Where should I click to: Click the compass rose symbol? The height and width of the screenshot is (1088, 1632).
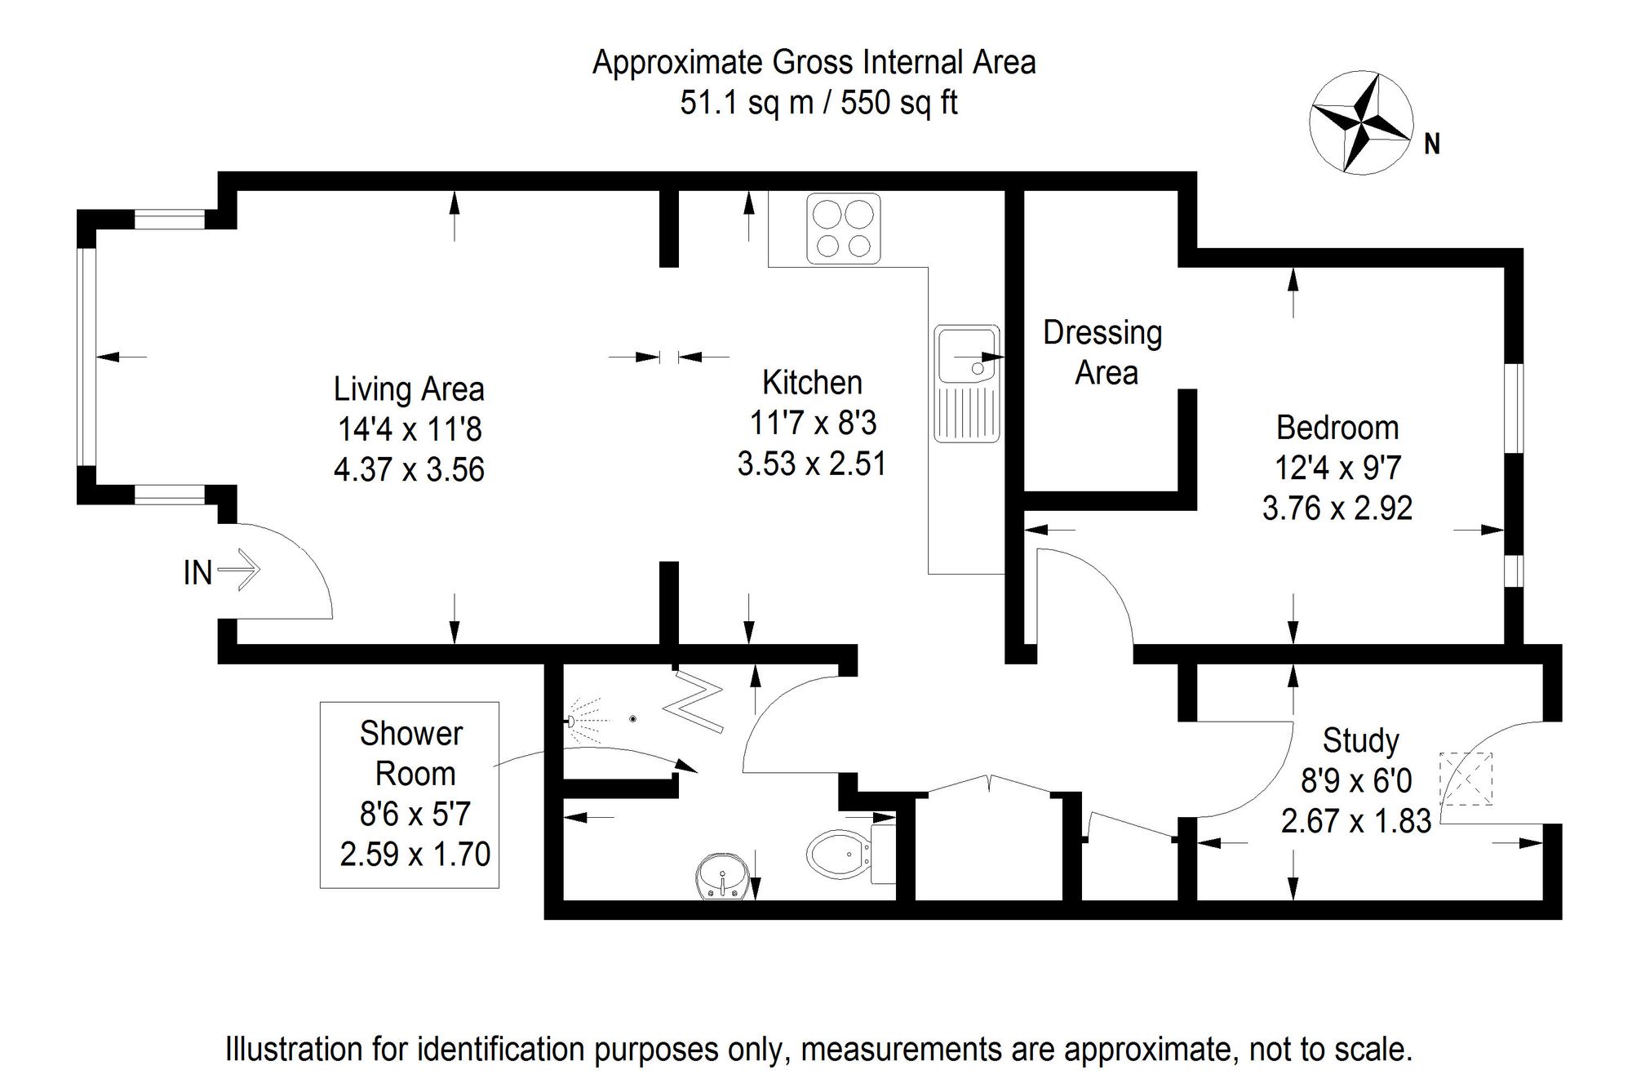pyautogui.click(x=1361, y=122)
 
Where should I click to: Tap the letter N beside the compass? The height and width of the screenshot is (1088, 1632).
pyautogui.click(x=1432, y=144)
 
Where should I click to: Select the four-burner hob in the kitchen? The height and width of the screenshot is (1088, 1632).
pyautogui.click(x=844, y=229)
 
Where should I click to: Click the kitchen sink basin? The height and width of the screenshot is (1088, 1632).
pyautogui.click(x=967, y=355)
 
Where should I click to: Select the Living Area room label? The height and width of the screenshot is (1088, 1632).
pyautogui.click(x=409, y=389)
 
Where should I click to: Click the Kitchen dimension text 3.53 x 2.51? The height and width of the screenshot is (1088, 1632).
pyautogui.click(x=812, y=464)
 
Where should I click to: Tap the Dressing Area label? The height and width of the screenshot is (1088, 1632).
pyautogui.click(x=1103, y=353)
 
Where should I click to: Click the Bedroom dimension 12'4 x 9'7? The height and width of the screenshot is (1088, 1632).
pyautogui.click(x=1337, y=468)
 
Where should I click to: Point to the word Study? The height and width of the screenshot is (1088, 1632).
pyautogui.click(x=1360, y=741)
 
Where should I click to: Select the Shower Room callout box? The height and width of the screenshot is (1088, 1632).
pyautogui.click(x=410, y=795)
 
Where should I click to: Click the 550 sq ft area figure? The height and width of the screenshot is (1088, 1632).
pyautogui.click(x=899, y=104)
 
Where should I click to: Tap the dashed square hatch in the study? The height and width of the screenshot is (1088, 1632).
pyautogui.click(x=1466, y=779)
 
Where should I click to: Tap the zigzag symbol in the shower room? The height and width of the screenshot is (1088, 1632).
pyautogui.click(x=694, y=701)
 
